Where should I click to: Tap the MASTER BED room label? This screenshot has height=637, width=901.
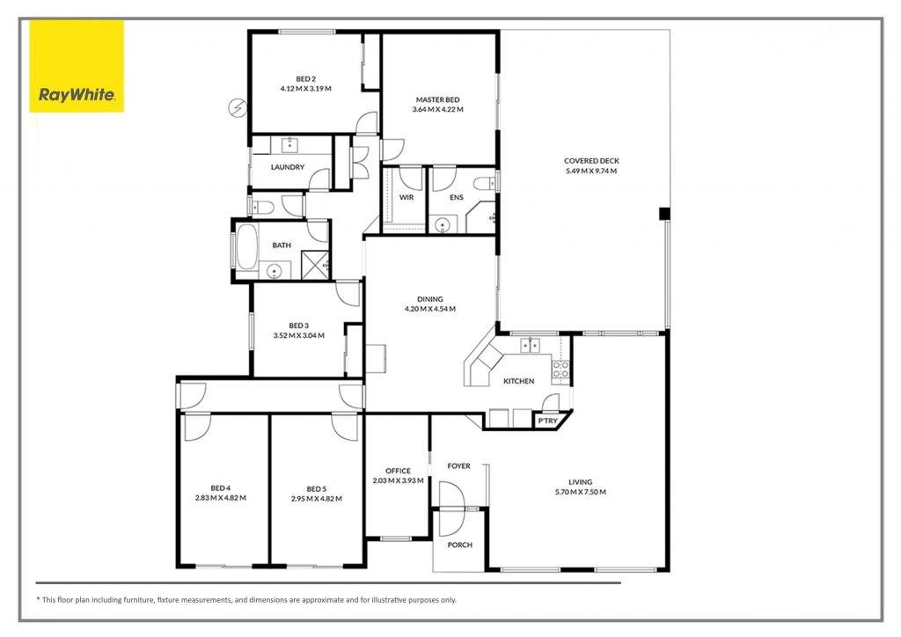(437, 99)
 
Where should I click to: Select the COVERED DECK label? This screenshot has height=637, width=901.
(592, 161)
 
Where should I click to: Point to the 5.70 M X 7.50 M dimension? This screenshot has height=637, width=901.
(580, 492)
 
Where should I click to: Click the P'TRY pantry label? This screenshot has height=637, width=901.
(547, 422)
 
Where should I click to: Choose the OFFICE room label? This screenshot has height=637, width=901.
(398, 471)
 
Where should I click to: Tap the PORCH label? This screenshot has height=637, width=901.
(459, 545)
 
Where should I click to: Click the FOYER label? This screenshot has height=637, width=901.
(458, 465)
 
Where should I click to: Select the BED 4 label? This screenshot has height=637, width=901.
(220, 488)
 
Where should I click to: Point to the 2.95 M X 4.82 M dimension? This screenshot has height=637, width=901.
(316, 499)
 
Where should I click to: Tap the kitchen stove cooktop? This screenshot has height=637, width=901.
(560, 370)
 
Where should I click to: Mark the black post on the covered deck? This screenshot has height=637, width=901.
(664, 213)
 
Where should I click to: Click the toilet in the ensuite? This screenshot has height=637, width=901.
(480, 184)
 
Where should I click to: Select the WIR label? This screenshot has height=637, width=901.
(407, 198)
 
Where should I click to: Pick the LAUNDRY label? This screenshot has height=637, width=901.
(288, 167)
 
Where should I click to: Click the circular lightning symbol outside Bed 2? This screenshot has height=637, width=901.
(236, 107)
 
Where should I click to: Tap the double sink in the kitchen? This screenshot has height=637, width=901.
(531, 346)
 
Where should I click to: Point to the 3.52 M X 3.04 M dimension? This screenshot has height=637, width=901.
(299, 335)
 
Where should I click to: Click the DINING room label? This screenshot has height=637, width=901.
(430, 298)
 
